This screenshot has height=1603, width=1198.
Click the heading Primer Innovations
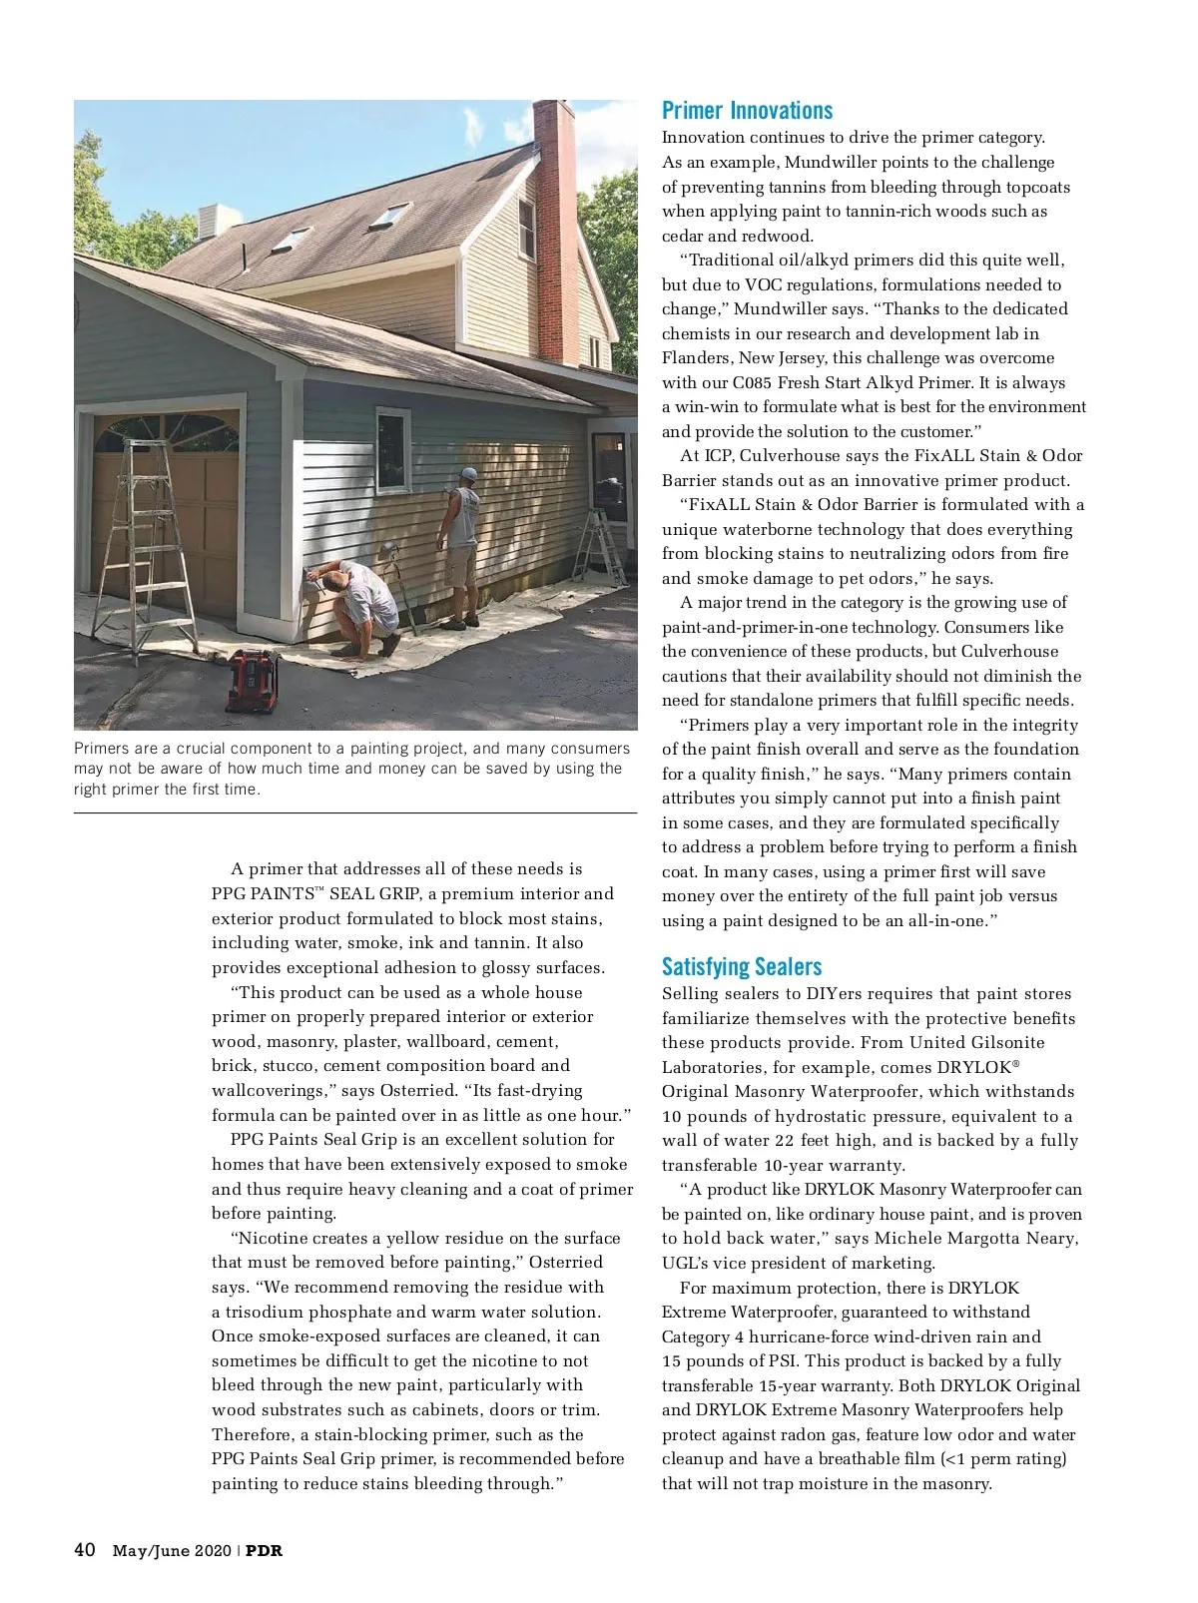click(x=747, y=111)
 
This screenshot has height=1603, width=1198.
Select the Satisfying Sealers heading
click(x=742, y=966)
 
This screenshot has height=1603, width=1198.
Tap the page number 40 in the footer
click(x=85, y=1550)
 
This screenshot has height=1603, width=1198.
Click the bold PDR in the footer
click(x=265, y=1551)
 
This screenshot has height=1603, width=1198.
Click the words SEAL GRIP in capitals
click(x=374, y=893)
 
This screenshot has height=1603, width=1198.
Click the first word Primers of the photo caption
click(x=102, y=749)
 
